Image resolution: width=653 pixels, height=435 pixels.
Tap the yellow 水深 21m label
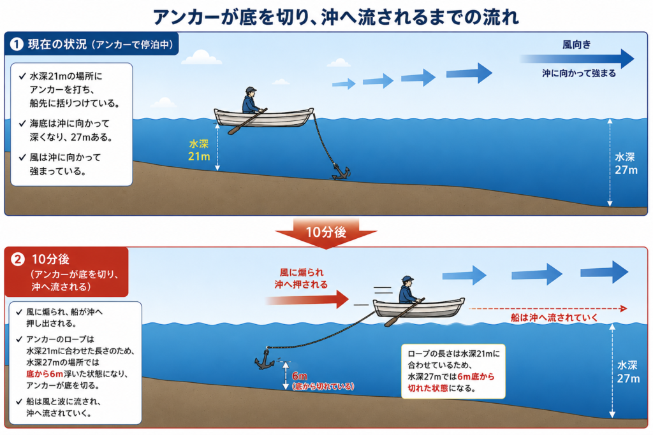tap(199, 150)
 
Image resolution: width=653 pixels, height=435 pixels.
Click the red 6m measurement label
tap(300, 376)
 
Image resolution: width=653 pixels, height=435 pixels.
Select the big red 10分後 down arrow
tap(326, 233)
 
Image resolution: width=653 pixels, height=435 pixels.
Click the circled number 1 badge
tap(17, 44)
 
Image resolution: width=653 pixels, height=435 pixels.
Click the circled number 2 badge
tap(17, 259)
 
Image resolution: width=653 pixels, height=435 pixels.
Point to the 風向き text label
tap(576, 45)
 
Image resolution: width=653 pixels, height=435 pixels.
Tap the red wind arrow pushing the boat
tap(307, 299)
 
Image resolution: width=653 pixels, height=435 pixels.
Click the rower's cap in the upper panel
tap(251, 89)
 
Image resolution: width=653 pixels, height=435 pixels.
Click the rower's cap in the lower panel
tap(407, 278)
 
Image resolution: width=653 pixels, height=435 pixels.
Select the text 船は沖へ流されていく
tap(554, 318)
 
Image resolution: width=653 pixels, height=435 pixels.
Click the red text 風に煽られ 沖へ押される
tap(301, 278)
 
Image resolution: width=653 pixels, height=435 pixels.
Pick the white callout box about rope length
tap(453, 371)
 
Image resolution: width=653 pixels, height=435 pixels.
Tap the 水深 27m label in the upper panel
tap(626, 164)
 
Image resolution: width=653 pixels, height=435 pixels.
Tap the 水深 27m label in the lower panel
tap(628, 372)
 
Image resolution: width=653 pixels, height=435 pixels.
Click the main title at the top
tap(335, 17)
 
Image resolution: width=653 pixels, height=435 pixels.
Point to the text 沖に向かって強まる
tap(579, 74)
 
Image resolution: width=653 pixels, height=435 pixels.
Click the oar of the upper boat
tap(247, 122)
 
